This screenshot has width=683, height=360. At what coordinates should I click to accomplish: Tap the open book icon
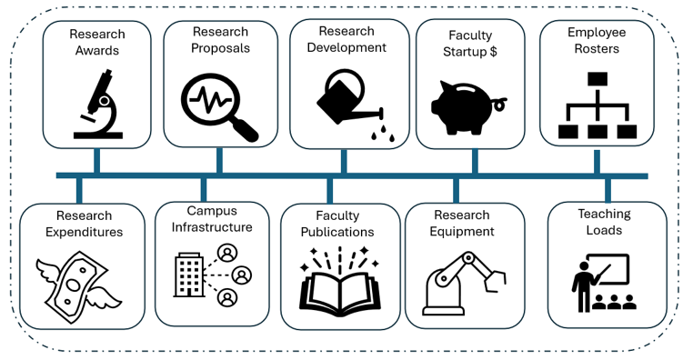pyautogui.click(x=338, y=281)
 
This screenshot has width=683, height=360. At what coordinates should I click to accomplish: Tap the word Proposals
pyautogui.click(x=219, y=48)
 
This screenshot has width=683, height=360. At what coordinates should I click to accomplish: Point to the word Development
pyautogui.click(x=346, y=47)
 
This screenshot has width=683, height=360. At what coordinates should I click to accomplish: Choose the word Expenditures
pyautogui.click(x=83, y=232)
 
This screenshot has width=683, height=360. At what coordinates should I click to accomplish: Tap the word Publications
pyautogui.click(x=337, y=232)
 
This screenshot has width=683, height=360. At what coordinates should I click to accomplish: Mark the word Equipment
pyautogui.click(x=462, y=231)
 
